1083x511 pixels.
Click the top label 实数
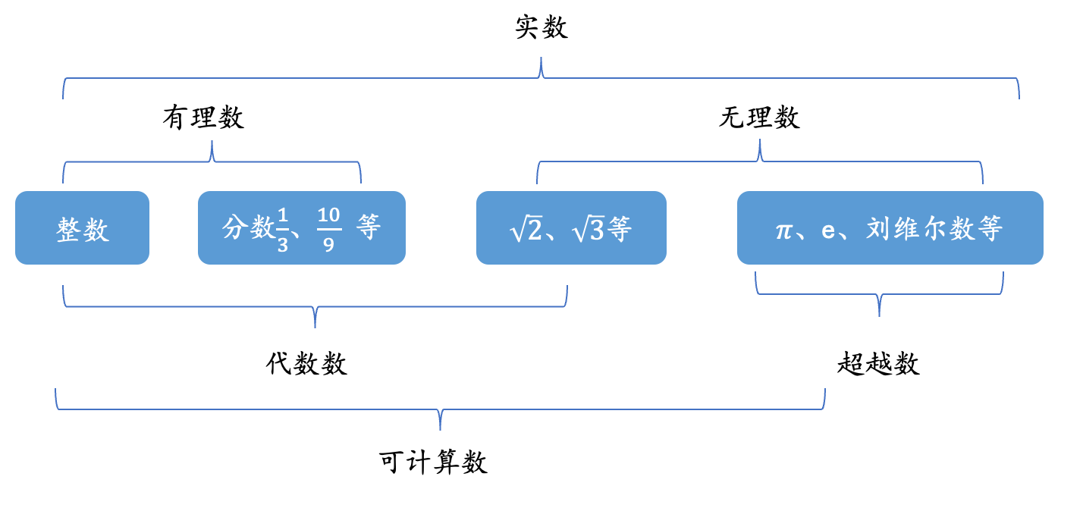(541, 28)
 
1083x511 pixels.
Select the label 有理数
(203, 118)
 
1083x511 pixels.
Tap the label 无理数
(759, 118)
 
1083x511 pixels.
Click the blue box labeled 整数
(82, 228)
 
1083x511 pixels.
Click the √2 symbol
(526, 229)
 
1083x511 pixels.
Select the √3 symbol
(589, 229)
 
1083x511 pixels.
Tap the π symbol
(783, 229)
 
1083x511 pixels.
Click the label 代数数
(306, 364)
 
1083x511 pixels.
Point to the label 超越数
(878, 364)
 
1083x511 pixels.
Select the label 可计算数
(433, 462)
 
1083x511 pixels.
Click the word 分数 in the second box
(248, 227)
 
